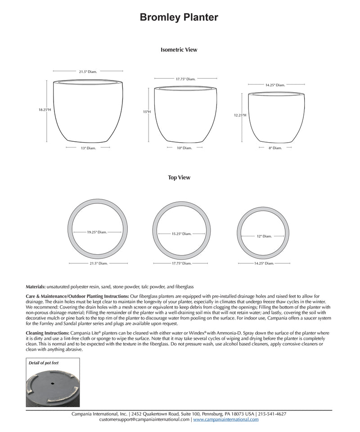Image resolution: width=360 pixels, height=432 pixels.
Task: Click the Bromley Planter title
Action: pyautogui.click(x=179, y=18)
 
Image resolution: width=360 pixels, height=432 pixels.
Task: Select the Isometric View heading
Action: pyautogui.click(x=179, y=50)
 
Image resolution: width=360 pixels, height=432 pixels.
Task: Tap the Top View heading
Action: pyautogui.click(x=179, y=178)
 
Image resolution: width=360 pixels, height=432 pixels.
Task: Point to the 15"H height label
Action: pyautogui.click(x=147, y=112)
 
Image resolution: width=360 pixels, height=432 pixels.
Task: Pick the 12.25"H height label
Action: pyautogui.click(x=240, y=115)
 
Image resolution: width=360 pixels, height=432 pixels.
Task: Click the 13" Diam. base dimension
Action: pyautogui.click(x=88, y=148)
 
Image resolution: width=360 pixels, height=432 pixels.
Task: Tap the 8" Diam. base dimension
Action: pyautogui.click(x=274, y=148)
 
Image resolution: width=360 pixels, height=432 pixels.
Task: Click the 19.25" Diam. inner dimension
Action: pyautogui.click(x=97, y=232)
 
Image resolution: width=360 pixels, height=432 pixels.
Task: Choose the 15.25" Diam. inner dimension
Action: pyautogui.click(x=181, y=234)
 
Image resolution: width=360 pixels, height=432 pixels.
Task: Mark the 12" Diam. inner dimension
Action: pyautogui.click(x=264, y=236)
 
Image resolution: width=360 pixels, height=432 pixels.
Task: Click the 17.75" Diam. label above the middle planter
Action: pyautogui.click(x=185, y=79)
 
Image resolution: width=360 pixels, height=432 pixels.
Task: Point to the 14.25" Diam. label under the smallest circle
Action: pyautogui.click(x=264, y=264)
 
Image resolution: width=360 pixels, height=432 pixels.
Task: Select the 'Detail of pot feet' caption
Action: pyautogui.click(x=44, y=363)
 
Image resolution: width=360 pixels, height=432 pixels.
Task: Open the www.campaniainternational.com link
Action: pyautogui.click(x=226, y=419)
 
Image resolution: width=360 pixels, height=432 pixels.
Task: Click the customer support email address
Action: pyautogui.click(x=144, y=419)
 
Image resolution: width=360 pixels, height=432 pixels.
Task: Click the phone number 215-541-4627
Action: pyautogui.click(x=272, y=414)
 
